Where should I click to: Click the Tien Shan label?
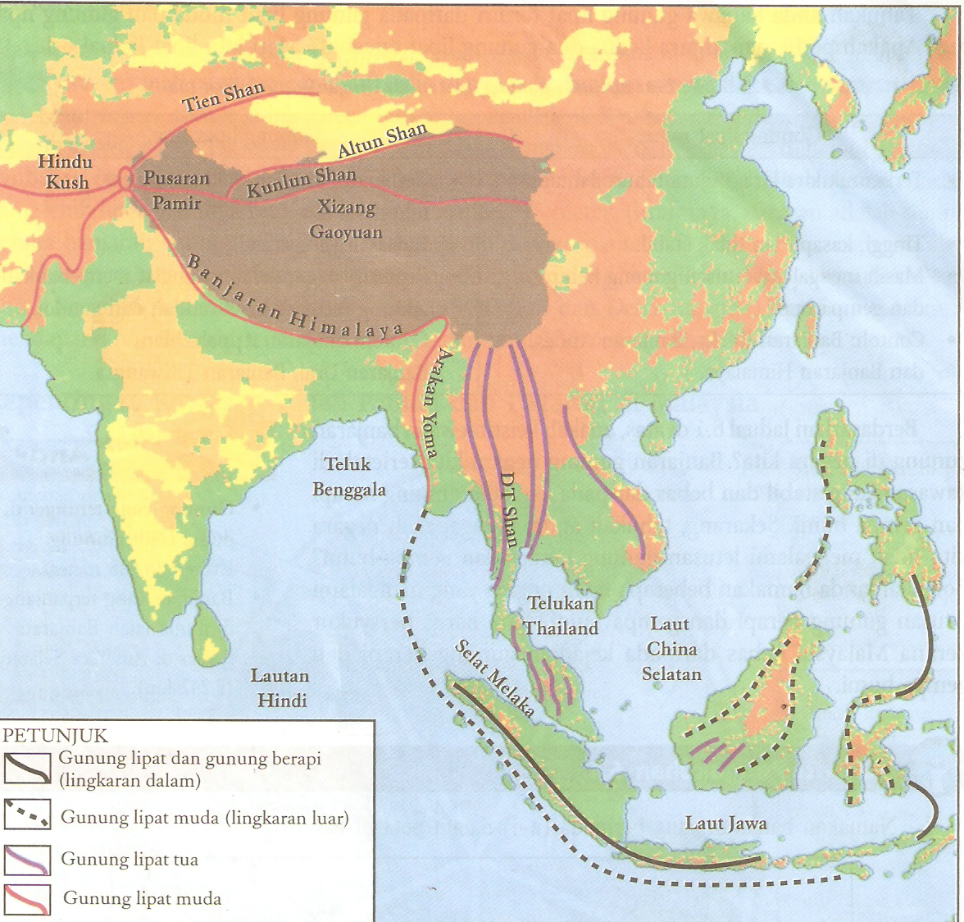click(x=223, y=96)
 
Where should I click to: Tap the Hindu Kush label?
click(x=66, y=171)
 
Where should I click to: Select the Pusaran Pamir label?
click(x=176, y=189)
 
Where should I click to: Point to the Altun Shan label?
click(x=383, y=139)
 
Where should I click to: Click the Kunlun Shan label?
click(x=302, y=181)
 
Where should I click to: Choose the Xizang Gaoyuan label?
click(x=345, y=219)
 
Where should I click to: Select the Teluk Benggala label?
click(x=348, y=477)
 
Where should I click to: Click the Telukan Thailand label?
click(x=562, y=615)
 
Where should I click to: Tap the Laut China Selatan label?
click(x=671, y=648)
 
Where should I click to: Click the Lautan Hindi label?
click(x=280, y=687)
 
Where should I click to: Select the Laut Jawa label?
click(x=725, y=823)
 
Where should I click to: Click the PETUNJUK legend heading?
click(x=55, y=735)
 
